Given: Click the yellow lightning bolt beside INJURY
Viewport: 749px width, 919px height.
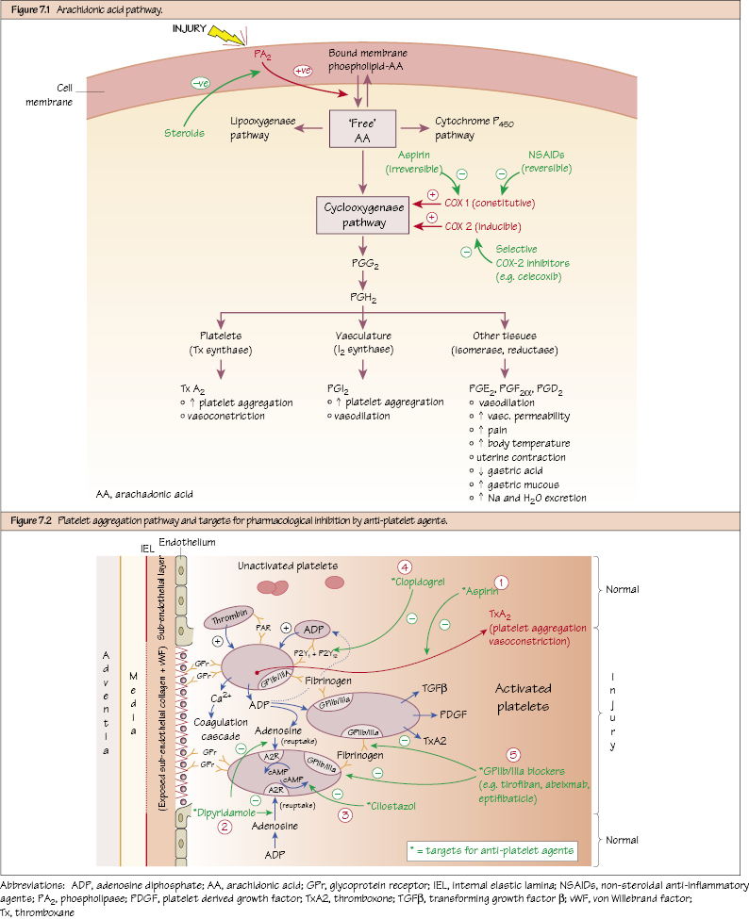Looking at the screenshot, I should point(225,35).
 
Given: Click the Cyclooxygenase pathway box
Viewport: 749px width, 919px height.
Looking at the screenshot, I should point(362,213).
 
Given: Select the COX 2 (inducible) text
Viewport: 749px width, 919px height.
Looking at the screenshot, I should point(482,226).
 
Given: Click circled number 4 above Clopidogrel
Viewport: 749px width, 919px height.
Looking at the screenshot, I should point(404,567).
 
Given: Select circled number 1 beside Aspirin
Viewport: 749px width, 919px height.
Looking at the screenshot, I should point(502,583).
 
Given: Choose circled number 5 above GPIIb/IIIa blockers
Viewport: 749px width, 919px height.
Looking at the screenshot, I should point(513,754).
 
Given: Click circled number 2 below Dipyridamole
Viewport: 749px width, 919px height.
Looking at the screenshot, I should point(225,827).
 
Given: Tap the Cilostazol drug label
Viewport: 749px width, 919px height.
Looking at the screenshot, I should point(390,808).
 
